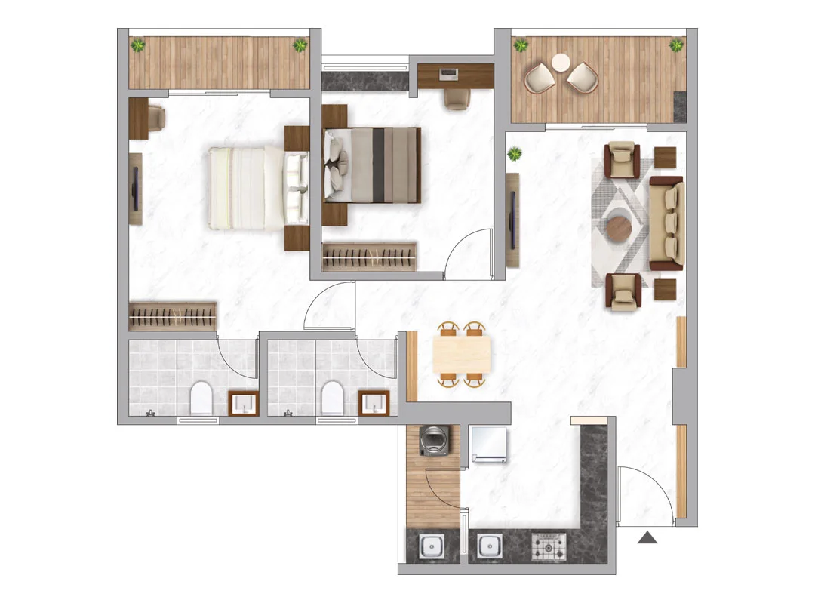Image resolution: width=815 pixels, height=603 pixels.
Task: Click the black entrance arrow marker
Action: pyautogui.click(x=647, y=537)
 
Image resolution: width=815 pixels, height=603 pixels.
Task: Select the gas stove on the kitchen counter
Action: pyautogui.click(x=549, y=545)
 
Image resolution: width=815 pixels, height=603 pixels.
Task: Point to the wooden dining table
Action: pyautogui.click(x=462, y=354)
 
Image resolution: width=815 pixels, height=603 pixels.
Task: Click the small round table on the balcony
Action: pyautogui.click(x=561, y=62)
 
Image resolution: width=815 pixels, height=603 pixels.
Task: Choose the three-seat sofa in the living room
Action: pyautogui.click(x=668, y=223)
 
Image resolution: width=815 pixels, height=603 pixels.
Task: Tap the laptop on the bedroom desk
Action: pyautogui.click(x=449, y=74)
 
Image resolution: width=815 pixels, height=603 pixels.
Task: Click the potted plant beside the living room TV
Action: pyautogui.click(x=515, y=155)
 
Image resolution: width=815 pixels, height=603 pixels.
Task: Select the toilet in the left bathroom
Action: pyautogui.click(x=201, y=398)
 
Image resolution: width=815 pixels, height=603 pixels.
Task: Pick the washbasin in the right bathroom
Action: pyautogui.click(x=374, y=403)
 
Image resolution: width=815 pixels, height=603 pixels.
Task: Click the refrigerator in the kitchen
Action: pyautogui.click(x=488, y=444)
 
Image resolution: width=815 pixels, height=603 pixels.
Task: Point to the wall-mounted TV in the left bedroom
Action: pyautogui.click(x=136, y=189)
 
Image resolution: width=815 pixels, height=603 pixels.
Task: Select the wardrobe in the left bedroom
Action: pyautogui.click(x=173, y=316)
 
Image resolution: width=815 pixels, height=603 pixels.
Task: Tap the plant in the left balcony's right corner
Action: pyautogui.click(x=300, y=46)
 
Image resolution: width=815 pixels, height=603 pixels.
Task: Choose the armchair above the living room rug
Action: pyautogui.click(x=623, y=159)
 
